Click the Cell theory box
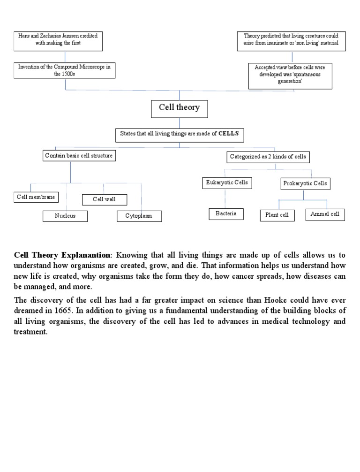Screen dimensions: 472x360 [179, 108]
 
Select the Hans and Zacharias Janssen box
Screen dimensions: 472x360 [59, 41]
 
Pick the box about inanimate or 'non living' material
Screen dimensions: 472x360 [291, 42]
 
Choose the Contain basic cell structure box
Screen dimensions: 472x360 [79, 156]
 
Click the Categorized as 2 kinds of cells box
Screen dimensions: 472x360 [268, 156]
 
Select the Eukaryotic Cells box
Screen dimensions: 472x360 [227, 183]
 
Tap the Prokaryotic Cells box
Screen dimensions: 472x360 [305, 183]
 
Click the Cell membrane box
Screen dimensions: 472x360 [36, 197]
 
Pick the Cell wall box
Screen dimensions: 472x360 [104, 199]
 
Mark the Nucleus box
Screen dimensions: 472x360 [65, 216]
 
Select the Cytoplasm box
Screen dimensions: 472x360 [139, 216]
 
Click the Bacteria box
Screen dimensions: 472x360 [226, 214]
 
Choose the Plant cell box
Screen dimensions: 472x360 [277, 215]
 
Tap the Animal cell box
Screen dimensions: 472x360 [325, 214]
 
